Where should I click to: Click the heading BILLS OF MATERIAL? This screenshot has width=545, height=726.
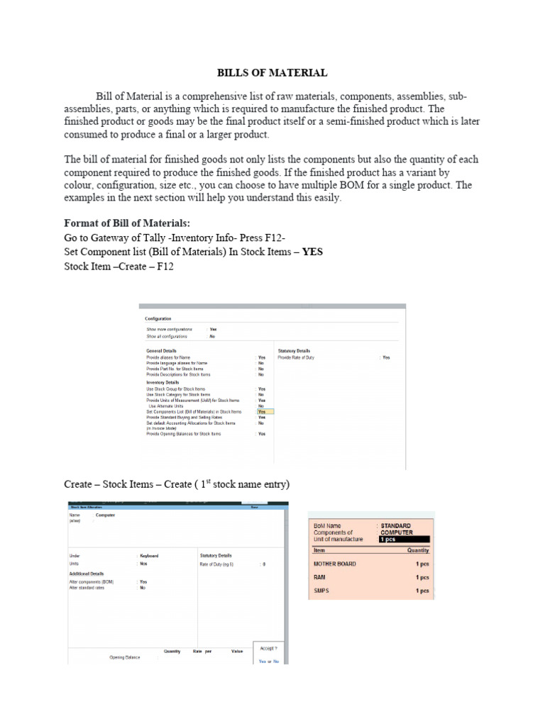272,72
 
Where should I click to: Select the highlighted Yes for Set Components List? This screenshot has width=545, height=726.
262,411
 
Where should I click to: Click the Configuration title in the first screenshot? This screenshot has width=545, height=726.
158,318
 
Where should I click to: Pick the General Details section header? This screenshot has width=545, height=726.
161,351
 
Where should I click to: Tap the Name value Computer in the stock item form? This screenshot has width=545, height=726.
105,515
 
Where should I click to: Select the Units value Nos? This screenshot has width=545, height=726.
143,564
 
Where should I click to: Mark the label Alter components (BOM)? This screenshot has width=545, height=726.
92,581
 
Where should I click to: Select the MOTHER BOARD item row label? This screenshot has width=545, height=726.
334,564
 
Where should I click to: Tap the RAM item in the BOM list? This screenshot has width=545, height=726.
319,577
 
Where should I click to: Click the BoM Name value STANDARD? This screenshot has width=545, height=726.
395,525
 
